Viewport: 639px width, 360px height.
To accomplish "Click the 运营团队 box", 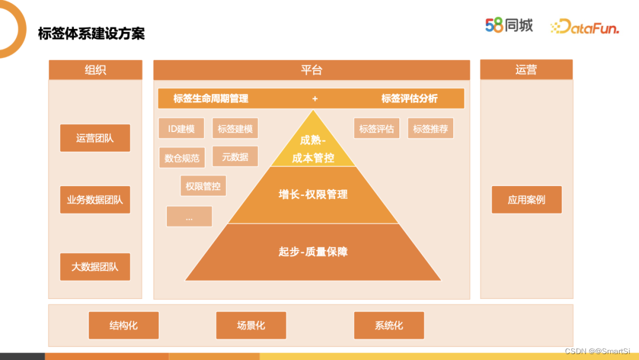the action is [x=95, y=138].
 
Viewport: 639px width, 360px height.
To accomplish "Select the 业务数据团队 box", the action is [x=95, y=200].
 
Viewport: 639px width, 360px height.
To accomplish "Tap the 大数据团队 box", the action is [x=95, y=266].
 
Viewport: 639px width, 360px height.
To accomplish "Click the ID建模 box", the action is [x=181, y=128].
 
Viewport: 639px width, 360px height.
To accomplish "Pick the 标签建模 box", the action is [x=235, y=128].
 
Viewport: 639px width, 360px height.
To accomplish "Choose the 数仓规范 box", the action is [x=182, y=157].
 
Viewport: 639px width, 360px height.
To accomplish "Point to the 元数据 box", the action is [x=235, y=156].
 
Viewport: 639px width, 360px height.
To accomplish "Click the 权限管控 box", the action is [x=203, y=186].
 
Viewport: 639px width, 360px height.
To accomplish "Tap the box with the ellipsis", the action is [x=189, y=217].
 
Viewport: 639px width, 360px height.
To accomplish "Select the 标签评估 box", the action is [x=376, y=128].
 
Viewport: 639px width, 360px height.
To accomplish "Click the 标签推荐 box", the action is [x=430, y=128].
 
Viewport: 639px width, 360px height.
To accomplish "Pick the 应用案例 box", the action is [x=526, y=200].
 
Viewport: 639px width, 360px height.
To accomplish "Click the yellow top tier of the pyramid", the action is [x=313, y=148].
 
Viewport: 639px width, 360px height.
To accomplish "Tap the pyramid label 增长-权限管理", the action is [x=313, y=194].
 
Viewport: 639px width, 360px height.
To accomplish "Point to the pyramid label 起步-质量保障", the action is [x=313, y=252].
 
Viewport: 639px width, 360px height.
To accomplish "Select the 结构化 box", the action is [x=124, y=325].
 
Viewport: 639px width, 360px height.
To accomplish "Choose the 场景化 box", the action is [x=251, y=325].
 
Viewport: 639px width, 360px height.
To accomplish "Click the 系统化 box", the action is [x=389, y=325].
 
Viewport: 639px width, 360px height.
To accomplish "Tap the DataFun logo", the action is [x=584, y=27].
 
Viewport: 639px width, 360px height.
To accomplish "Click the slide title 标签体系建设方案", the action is [x=91, y=33].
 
